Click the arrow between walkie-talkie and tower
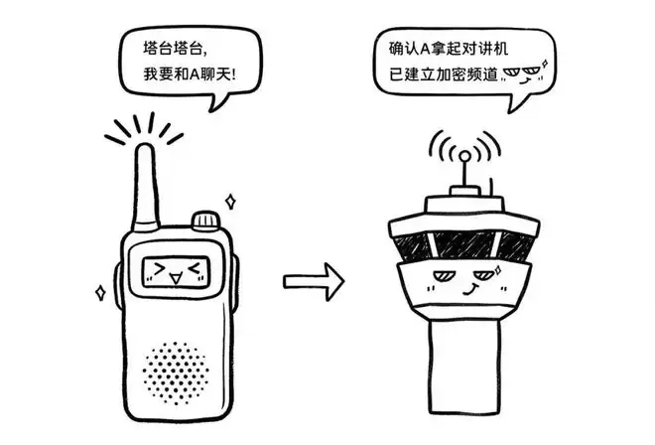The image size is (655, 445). [x=315, y=281]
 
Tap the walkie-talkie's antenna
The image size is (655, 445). [x=145, y=188]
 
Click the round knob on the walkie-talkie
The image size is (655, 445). [x=205, y=220]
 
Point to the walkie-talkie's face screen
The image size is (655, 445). [x=175, y=272]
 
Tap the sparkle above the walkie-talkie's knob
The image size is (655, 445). [x=230, y=202]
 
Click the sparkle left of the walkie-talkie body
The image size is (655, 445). [x=100, y=292]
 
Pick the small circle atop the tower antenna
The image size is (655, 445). [x=464, y=157]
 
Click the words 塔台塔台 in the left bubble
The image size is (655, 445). [x=173, y=49]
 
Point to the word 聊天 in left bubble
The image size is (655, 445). [x=215, y=74]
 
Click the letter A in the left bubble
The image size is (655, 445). [x=196, y=75]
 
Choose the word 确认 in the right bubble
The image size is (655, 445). [x=404, y=49]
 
